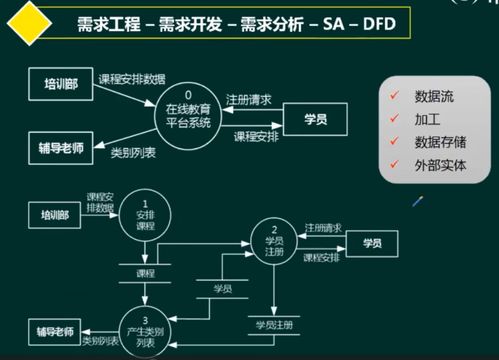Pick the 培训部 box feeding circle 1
[55, 215]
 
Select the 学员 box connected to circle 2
[372, 243]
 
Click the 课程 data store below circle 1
[146, 272]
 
